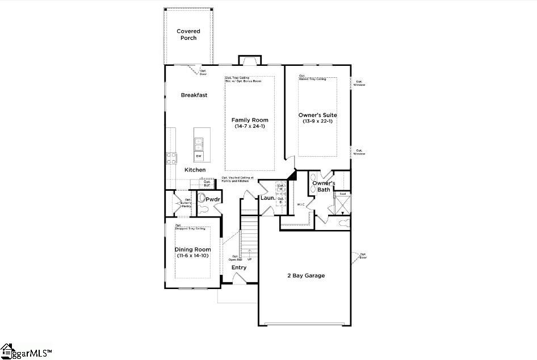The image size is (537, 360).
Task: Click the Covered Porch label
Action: coord(188,35)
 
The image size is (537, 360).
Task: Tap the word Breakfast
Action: coord(194,95)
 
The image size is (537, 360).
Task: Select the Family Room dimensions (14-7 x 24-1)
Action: coord(250,126)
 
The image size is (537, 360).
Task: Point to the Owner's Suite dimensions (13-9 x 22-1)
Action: coord(317,121)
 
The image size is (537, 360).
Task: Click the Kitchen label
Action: coord(195,170)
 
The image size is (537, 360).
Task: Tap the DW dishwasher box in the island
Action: coord(199,156)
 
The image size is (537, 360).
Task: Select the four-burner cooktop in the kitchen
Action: coord(171,158)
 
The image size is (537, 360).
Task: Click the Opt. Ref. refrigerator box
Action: coord(208,183)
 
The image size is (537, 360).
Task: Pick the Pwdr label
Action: coord(213,199)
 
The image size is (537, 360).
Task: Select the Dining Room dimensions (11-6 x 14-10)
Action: coord(192,256)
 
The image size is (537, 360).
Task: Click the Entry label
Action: coord(239,267)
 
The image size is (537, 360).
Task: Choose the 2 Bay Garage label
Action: coord(306,275)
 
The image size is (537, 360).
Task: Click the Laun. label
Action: coord(267,198)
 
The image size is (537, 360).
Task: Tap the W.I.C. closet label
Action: coord(301,204)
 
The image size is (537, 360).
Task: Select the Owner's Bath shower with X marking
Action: coord(342,205)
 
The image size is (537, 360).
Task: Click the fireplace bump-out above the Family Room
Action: coord(249,60)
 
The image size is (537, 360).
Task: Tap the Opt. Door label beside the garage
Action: coord(363,256)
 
